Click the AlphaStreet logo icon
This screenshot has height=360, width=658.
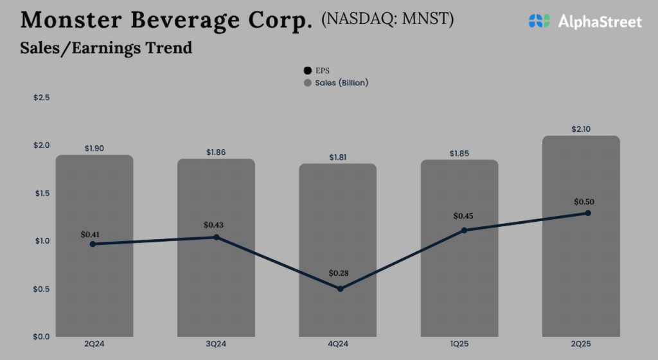pos(539,21)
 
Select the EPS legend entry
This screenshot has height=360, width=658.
pos(317,71)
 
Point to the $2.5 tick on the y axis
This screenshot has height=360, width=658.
pos(42,98)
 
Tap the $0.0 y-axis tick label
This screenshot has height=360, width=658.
pos(42,336)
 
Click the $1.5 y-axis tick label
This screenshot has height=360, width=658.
pos(42,193)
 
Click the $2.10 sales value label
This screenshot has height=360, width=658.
pos(581,129)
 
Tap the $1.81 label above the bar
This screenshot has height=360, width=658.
pos(338,157)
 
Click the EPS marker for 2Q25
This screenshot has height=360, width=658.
pos(587,213)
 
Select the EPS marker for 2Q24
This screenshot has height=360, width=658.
pos(93,244)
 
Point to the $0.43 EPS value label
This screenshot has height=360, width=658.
pos(214,225)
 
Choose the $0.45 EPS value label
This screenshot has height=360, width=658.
pos(463,216)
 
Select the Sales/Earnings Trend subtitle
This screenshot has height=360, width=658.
pos(106,48)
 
